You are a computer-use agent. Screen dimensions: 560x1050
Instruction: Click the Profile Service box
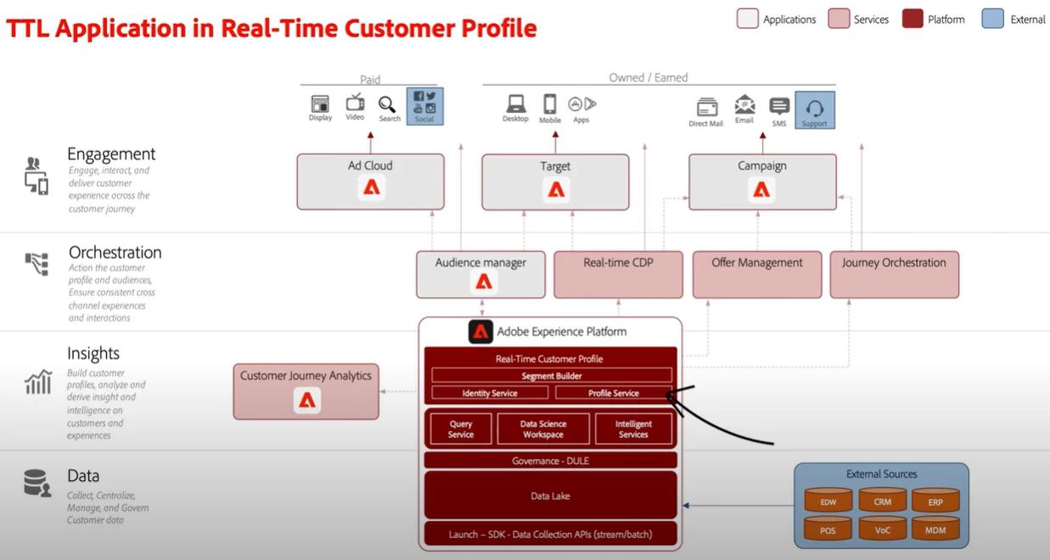click(x=613, y=393)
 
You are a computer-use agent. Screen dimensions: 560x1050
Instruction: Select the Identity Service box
click(x=490, y=393)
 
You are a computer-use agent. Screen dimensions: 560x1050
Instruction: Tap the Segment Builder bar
click(x=551, y=375)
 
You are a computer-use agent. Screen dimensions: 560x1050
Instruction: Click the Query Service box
click(x=461, y=428)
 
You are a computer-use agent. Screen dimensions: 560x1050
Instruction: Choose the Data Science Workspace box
click(x=543, y=428)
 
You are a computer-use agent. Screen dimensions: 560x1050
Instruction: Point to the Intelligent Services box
click(x=633, y=428)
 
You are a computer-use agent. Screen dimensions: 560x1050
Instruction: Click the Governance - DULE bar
click(x=550, y=461)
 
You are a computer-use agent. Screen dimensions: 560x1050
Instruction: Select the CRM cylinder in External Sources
click(x=883, y=501)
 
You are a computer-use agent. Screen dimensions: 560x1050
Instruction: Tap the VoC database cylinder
click(x=883, y=529)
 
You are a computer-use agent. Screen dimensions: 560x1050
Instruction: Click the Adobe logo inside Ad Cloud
click(x=371, y=188)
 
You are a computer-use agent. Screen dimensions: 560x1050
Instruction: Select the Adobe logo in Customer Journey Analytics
click(x=306, y=400)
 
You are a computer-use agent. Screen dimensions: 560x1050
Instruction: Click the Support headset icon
click(x=814, y=109)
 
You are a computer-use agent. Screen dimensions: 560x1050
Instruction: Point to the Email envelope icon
click(x=744, y=105)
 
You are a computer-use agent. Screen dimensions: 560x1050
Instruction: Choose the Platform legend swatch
click(x=912, y=19)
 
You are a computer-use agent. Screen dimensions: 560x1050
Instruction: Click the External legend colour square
click(x=992, y=19)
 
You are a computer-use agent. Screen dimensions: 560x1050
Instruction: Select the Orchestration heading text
click(x=115, y=252)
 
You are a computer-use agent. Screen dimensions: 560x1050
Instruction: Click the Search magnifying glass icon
click(x=387, y=104)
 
